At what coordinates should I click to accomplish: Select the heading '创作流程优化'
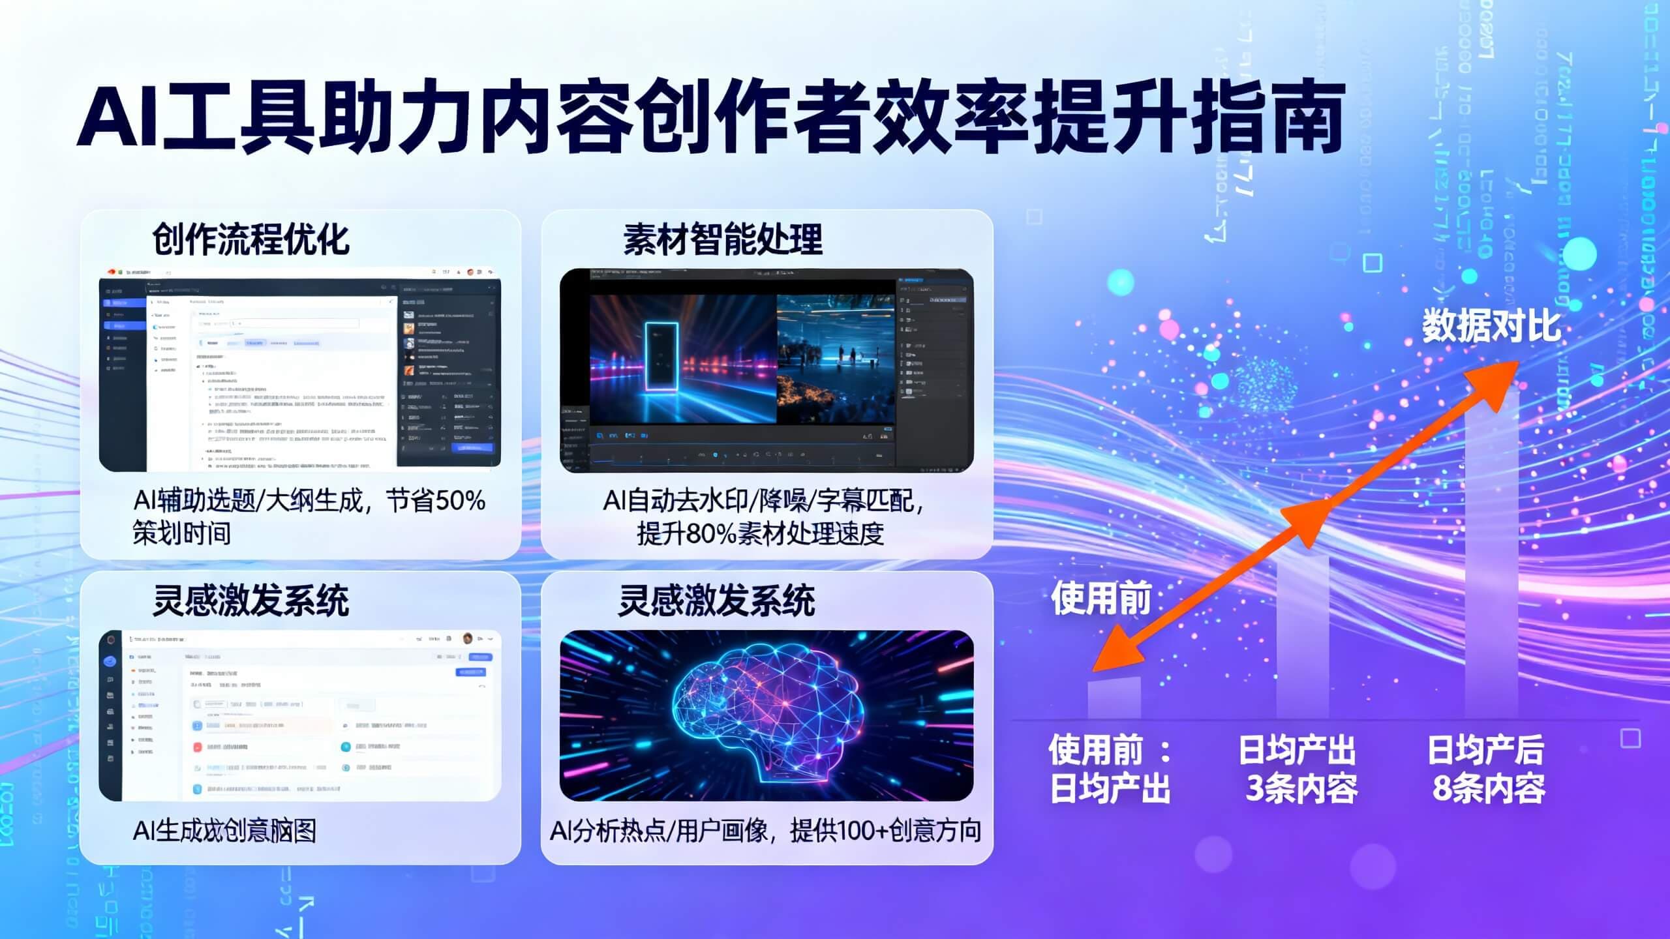[x=250, y=239]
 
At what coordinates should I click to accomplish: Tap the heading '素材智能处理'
[x=723, y=239]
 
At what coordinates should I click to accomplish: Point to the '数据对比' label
[x=1491, y=326]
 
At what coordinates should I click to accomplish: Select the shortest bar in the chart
[x=1114, y=698]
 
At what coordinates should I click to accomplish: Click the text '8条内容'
[x=1489, y=788]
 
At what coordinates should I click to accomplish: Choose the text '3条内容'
[x=1301, y=788]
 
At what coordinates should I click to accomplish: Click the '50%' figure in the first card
[x=460, y=501]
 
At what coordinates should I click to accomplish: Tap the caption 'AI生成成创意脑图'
[x=224, y=831]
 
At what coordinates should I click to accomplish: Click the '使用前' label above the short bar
[x=1101, y=599]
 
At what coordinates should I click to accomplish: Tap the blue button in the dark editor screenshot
[x=473, y=448]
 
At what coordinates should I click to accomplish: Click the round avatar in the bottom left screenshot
[x=467, y=638]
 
